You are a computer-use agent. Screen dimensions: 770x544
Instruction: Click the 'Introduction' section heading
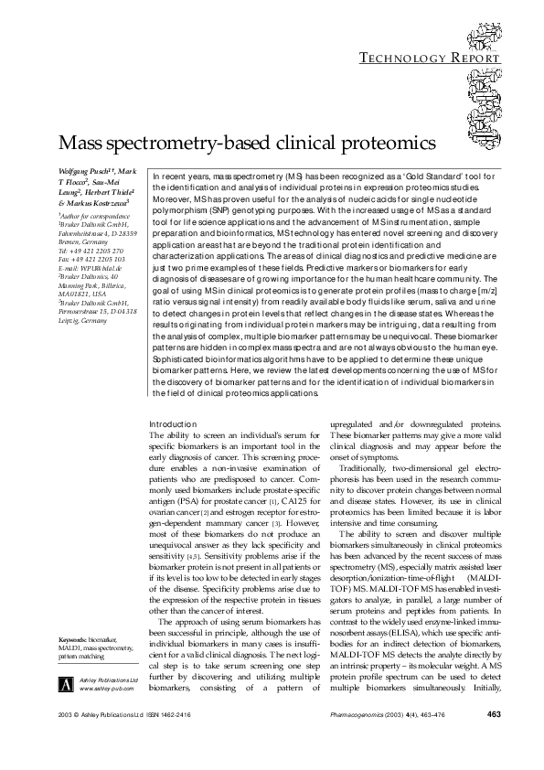pyautogui.click(x=172, y=425)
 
